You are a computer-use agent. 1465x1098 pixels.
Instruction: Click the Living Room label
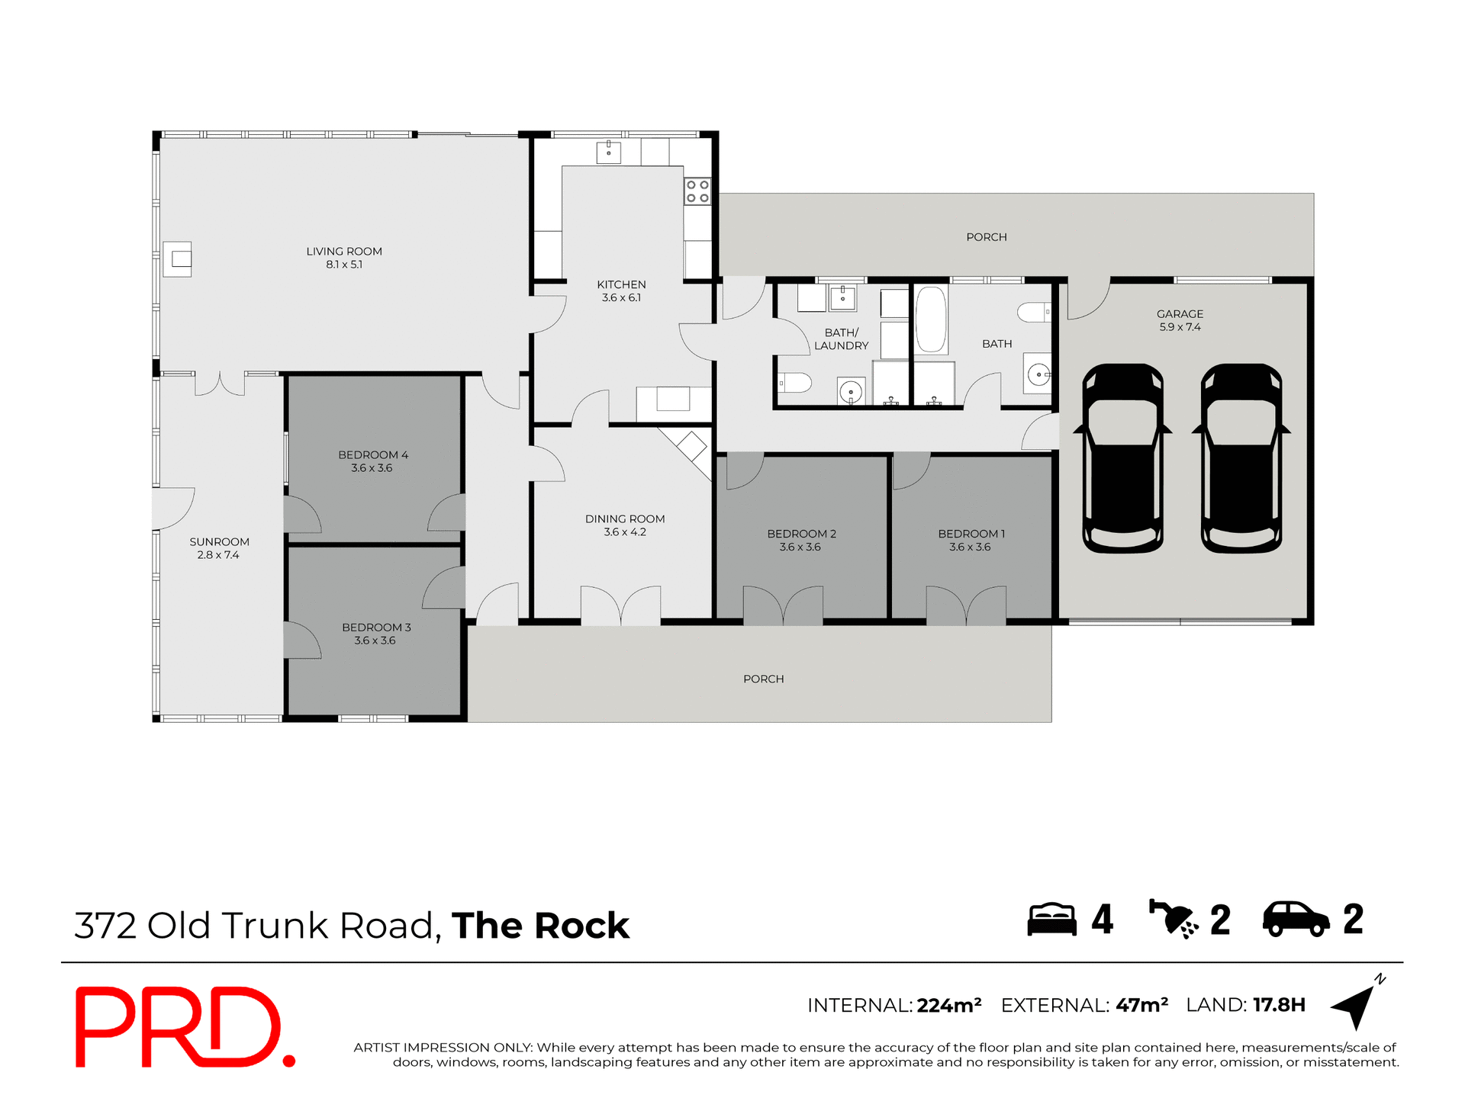344,252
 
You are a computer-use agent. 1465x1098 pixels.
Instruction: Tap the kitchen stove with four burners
697,191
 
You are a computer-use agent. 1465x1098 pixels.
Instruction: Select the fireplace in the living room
179,259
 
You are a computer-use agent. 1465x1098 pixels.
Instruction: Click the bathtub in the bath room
931,319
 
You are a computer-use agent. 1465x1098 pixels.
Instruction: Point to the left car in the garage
1122,457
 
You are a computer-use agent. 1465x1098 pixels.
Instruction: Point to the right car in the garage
1241,457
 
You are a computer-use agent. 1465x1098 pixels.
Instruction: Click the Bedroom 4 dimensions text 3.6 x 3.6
372,468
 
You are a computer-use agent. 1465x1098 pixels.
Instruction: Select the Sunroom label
219,542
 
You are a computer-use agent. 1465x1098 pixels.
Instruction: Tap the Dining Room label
625,519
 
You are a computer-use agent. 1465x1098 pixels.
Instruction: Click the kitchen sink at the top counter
608,152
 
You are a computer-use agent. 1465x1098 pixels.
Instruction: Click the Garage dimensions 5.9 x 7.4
1180,327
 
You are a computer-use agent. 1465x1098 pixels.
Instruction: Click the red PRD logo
183,1026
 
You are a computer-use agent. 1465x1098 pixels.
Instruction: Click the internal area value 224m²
948,1006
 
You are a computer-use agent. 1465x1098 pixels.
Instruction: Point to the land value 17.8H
1279,1005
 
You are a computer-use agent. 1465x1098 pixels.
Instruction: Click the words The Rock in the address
540,926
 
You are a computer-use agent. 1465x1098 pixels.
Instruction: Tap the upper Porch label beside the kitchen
986,237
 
